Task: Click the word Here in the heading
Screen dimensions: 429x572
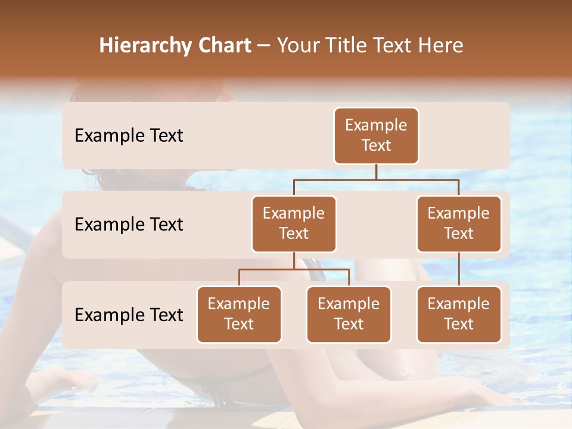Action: pos(441,45)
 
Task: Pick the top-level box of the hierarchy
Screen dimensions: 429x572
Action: pos(376,136)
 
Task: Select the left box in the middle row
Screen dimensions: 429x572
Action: pos(294,223)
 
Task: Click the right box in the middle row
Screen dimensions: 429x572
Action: pos(459,223)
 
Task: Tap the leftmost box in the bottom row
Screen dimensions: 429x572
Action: pos(239,314)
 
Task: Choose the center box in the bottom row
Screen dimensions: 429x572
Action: pos(349,314)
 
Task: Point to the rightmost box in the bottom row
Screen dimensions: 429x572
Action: pos(459,314)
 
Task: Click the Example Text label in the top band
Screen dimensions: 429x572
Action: pos(129,136)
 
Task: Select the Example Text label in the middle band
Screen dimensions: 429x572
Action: pos(129,225)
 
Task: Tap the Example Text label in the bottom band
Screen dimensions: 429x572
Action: pos(129,315)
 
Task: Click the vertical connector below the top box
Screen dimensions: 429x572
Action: pos(376,172)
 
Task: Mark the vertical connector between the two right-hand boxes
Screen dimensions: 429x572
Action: pos(459,269)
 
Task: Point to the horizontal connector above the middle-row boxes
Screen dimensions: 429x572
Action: pos(376,179)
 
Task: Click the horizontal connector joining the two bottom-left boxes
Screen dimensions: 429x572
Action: pos(294,269)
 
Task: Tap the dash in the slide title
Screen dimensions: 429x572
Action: pos(264,45)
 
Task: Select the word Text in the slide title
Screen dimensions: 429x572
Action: pos(396,45)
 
